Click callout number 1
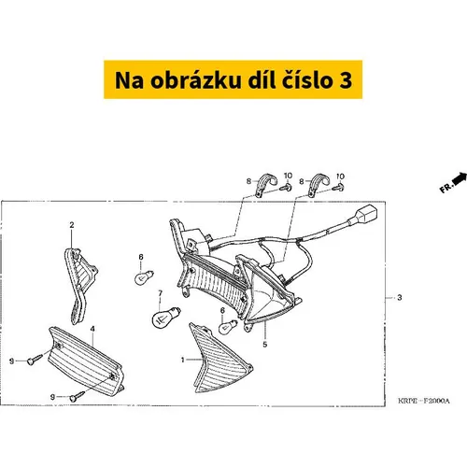coord(183,360)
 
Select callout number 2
coord(72,225)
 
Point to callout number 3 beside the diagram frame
coord(400,298)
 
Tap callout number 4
coord(92,329)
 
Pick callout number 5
coord(265,345)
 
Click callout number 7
coord(161,293)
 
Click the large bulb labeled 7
coord(165,316)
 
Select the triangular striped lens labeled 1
coord(219,359)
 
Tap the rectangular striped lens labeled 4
coord(86,361)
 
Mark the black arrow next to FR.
coord(460,178)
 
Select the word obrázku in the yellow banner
coord(196,80)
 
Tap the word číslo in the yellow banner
coord(304,80)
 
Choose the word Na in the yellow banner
coord(129,80)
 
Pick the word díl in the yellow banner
coord(262,80)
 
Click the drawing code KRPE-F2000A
coord(424,401)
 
